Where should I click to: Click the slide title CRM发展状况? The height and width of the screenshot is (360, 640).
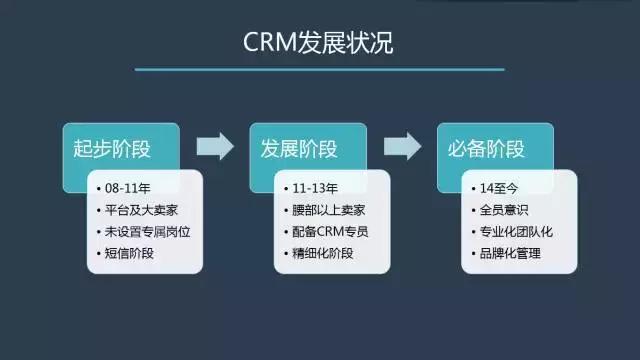point(319,45)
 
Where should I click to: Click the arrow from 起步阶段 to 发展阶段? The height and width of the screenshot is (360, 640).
point(214,146)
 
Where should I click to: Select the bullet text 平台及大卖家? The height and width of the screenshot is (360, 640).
point(140,210)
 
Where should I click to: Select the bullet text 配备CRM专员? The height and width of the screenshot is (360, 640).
point(330,231)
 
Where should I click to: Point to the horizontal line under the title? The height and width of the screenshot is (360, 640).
point(319,69)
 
